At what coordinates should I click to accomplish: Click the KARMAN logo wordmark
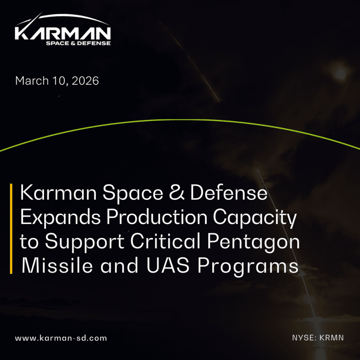(63, 33)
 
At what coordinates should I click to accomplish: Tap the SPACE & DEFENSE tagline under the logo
(78, 43)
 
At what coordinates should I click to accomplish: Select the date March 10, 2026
(57, 81)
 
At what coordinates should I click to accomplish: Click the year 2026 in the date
(85, 81)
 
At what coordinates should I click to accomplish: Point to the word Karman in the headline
(58, 193)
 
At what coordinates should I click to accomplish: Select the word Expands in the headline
(60, 218)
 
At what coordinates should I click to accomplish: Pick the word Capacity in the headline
(255, 218)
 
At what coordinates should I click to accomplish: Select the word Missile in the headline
(57, 265)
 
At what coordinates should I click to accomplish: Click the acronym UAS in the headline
(168, 265)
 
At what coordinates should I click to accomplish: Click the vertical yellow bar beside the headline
(11, 229)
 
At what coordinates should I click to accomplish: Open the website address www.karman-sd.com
(61, 338)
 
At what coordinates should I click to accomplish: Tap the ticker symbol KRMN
(332, 338)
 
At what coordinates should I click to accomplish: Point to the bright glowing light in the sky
(340, 73)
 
